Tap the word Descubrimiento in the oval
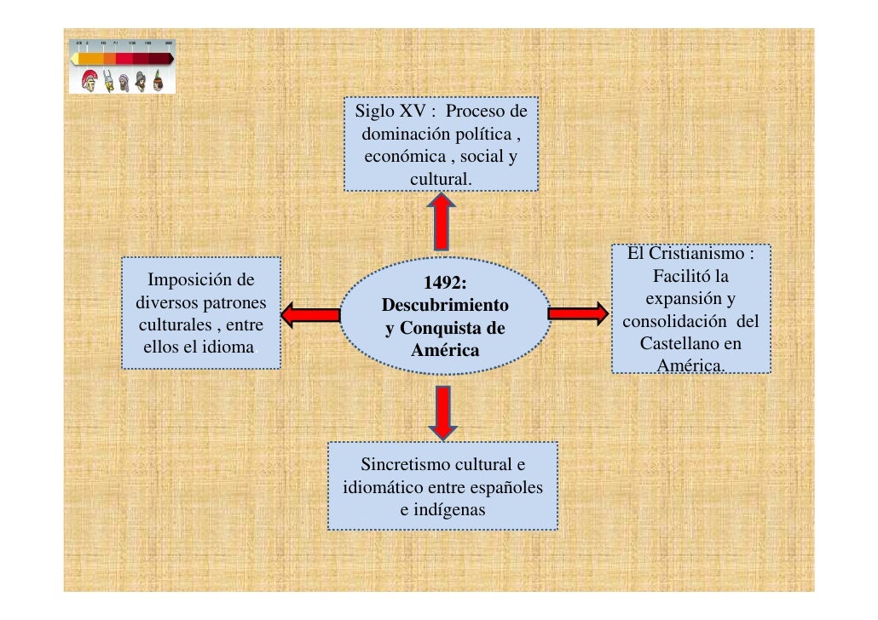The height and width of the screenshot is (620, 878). tap(445, 305)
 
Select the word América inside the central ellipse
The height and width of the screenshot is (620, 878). tap(445, 350)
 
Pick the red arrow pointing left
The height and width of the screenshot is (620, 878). tap(310, 315)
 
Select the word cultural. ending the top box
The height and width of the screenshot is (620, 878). tap(440, 180)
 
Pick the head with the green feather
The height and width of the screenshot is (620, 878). tap(158, 82)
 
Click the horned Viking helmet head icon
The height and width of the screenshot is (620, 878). tap(108, 82)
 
